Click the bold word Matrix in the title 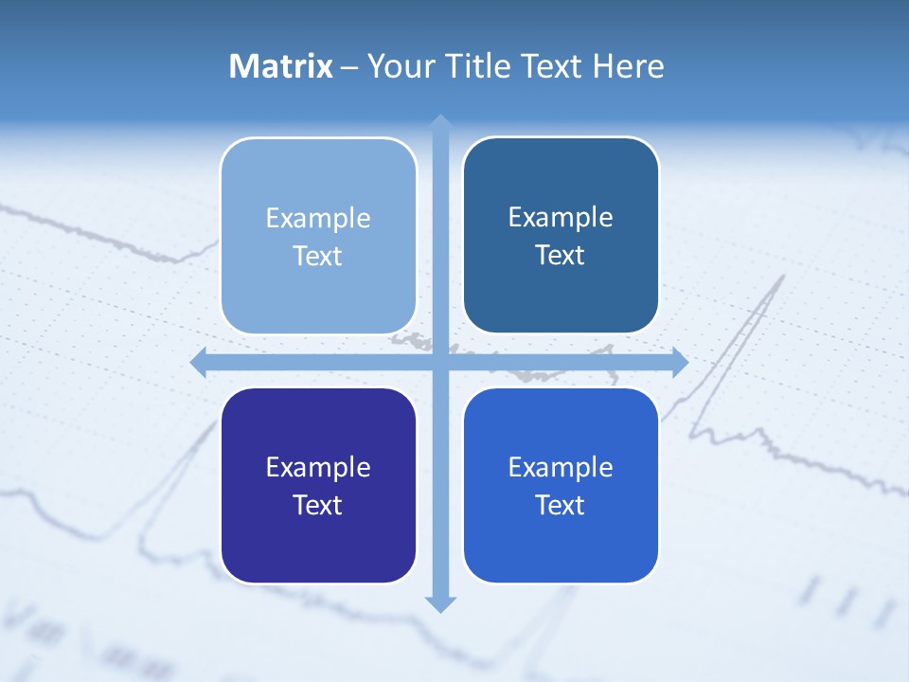280,66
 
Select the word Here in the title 628,66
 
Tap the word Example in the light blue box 318,218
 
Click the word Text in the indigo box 318,505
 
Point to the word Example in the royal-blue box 561,467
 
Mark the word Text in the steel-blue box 561,255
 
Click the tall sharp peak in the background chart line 782,278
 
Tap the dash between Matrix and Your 349,67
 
